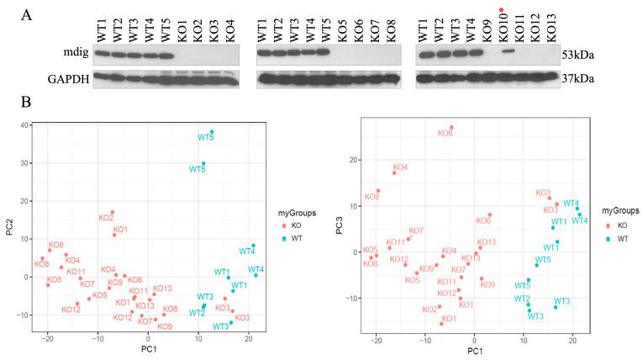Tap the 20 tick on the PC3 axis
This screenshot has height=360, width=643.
click(x=356, y=160)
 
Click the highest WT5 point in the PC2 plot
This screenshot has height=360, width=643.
click(x=212, y=132)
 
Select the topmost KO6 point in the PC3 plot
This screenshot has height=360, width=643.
click(x=451, y=128)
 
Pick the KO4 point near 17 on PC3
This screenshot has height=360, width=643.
click(x=394, y=172)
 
